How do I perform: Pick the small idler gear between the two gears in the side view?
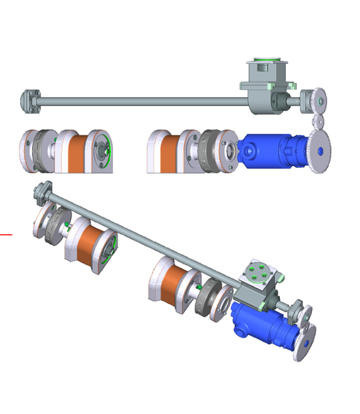tap(317, 121)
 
